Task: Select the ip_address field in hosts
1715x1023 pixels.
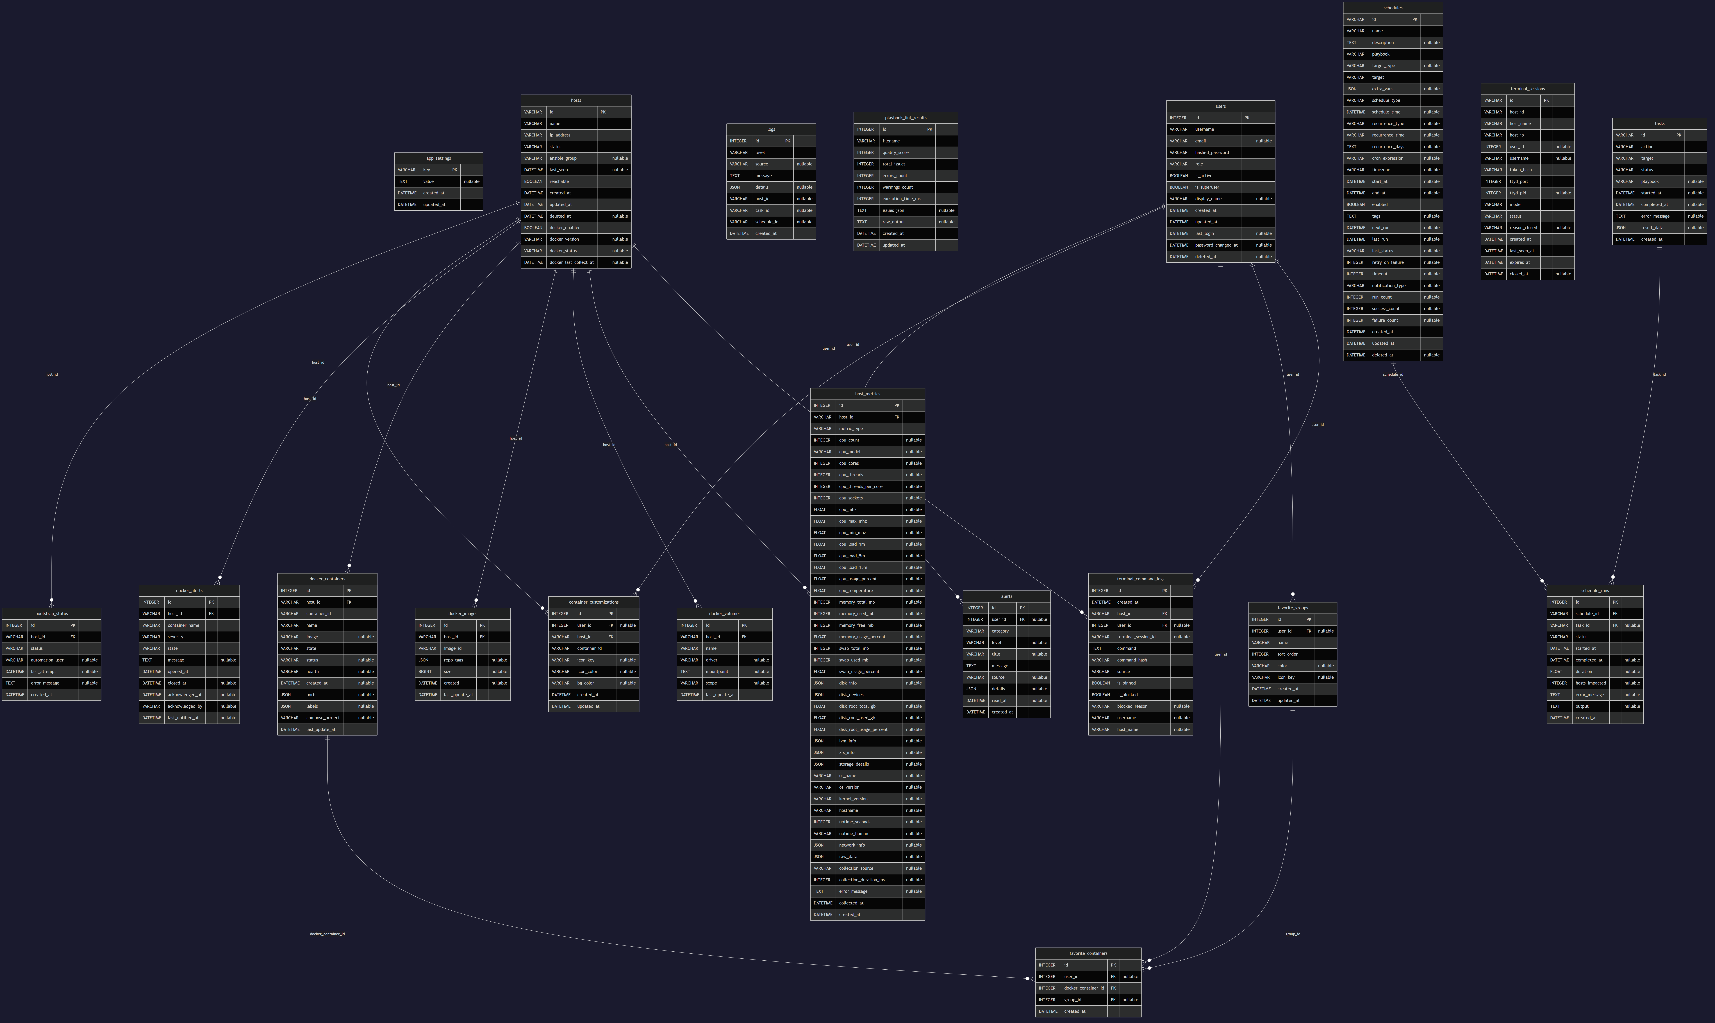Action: click(x=560, y=135)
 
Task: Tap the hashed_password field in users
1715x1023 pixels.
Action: click(x=1211, y=152)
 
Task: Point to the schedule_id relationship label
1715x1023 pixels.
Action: click(x=1392, y=374)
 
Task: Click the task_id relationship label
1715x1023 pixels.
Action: click(x=1659, y=374)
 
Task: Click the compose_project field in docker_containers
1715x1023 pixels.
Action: click(x=323, y=718)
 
